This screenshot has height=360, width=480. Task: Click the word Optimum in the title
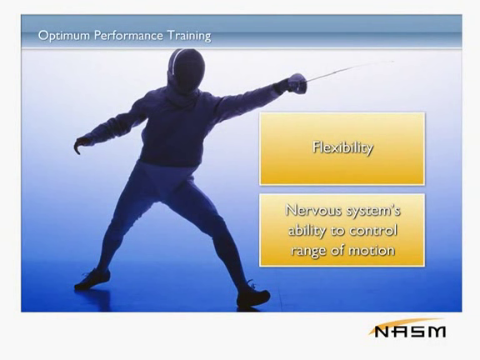pyautogui.click(x=64, y=36)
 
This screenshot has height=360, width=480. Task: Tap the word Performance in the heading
pyautogui.click(x=128, y=36)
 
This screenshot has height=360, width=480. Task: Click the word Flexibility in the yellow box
pyautogui.click(x=342, y=147)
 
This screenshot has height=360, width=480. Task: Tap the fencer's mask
pyautogui.click(x=186, y=69)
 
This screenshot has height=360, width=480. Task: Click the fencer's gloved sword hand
pyautogui.click(x=297, y=83)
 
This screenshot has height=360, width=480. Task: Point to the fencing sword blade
pyautogui.click(x=350, y=70)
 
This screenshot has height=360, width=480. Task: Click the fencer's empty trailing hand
pyautogui.click(x=81, y=145)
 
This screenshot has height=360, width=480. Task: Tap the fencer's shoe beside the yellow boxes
pyautogui.click(x=253, y=296)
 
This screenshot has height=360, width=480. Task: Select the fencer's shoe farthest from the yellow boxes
pyautogui.click(x=92, y=279)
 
